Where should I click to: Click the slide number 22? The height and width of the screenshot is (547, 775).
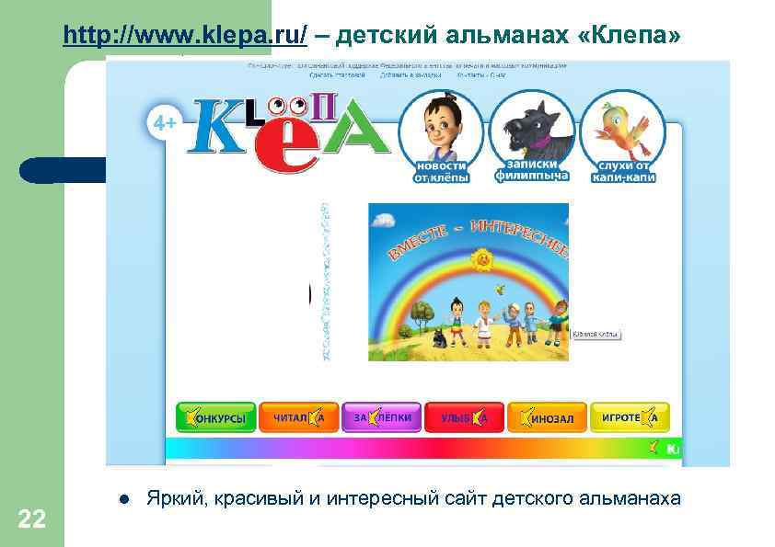coord(31,519)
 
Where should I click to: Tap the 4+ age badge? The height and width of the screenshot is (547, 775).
coord(166,123)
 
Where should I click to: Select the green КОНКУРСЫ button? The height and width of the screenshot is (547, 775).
coord(215,418)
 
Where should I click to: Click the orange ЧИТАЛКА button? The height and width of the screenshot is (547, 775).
coord(298,418)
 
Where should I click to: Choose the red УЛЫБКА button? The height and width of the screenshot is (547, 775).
coord(464,418)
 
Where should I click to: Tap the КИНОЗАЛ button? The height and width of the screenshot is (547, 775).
coord(547,418)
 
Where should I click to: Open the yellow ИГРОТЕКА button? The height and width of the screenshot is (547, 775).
coord(630,418)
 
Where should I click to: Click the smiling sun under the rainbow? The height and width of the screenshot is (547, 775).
coord(480,262)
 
